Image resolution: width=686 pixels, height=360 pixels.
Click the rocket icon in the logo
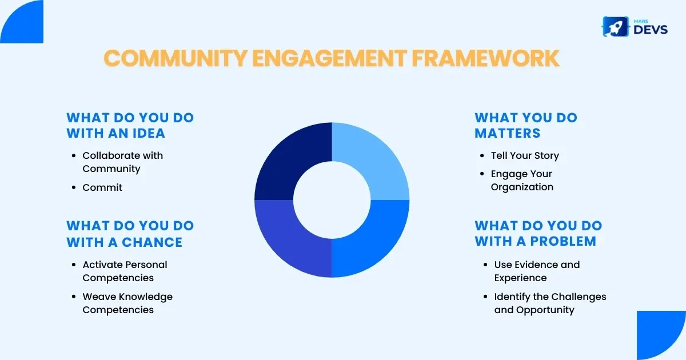tap(615, 27)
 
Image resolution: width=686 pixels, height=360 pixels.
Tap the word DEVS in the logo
tap(651, 30)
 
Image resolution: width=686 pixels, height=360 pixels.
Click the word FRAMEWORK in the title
tap(485, 58)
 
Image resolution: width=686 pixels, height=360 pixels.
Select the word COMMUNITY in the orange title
tap(176, 58)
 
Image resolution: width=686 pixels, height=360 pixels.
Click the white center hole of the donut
tap(332, 200)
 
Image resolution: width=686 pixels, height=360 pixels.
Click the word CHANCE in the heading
tap(152, 242)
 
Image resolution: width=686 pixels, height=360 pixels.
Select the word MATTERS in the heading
tap(508, 133)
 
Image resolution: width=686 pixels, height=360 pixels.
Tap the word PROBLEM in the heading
tap(563, 241)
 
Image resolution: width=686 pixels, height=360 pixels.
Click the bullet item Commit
tap(102, 187)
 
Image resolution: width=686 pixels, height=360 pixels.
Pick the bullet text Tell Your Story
tap(525, 155)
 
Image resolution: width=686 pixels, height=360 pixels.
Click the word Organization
tap(522, 187)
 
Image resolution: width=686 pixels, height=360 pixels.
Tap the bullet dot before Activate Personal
tap(74, 265)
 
